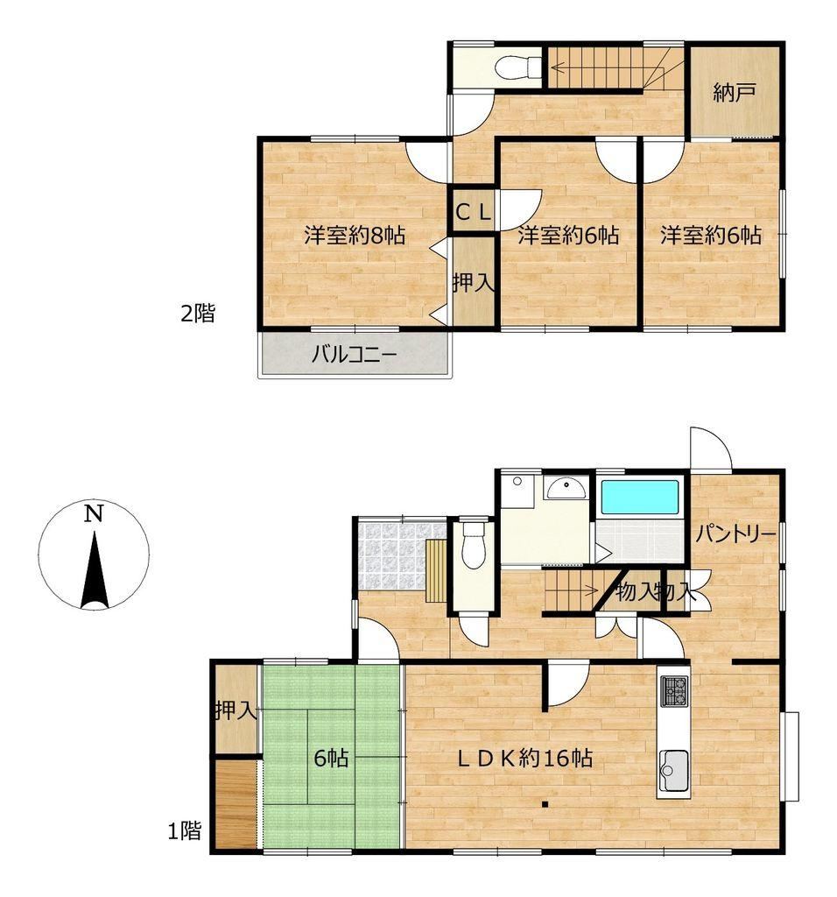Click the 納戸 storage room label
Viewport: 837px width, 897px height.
735,92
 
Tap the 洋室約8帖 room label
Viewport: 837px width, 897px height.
355,235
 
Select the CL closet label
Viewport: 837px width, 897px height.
473,213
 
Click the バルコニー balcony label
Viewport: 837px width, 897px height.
354,355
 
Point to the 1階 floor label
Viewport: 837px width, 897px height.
184,830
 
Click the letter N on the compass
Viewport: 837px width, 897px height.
94,513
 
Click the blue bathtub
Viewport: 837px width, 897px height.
640,497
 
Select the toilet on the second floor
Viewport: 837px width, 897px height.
517,67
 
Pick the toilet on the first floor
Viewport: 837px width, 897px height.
473,543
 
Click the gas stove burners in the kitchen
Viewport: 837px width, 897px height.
675,691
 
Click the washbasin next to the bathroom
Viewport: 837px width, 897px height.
565,488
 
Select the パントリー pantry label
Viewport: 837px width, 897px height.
735,534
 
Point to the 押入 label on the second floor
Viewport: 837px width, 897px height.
474,282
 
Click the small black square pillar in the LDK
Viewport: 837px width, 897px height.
545,804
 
